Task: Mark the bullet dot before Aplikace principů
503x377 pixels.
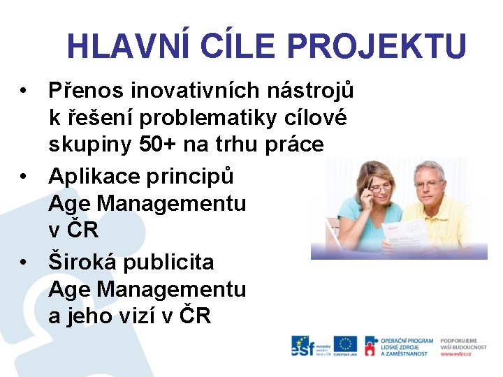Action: point(24,177)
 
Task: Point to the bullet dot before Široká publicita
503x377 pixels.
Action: point(24,263)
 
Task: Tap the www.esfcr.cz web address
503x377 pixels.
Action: point(455,354)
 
